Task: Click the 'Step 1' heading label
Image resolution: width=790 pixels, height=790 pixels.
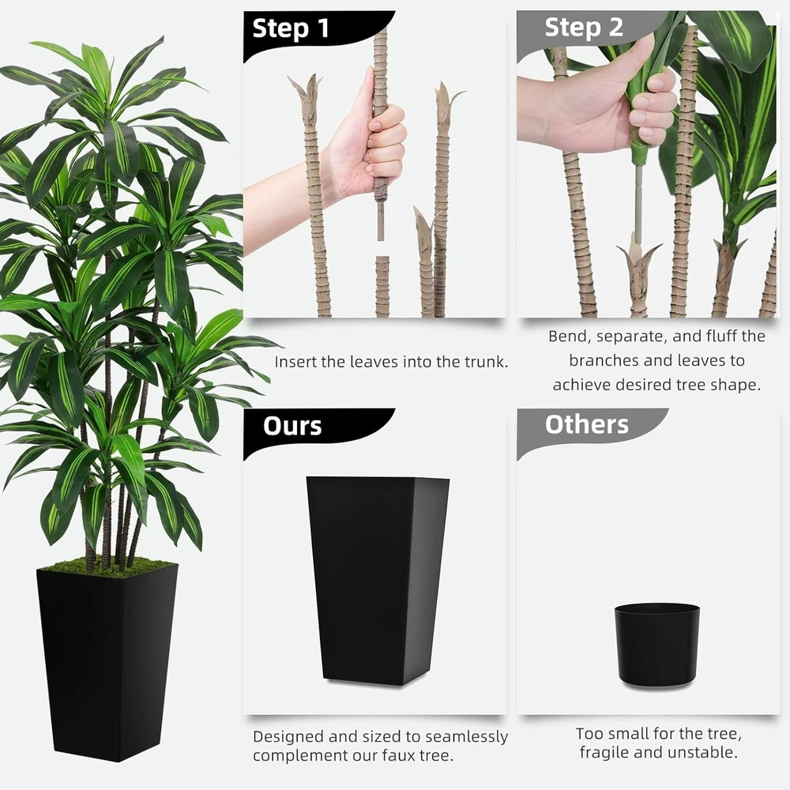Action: [x=291, y=28]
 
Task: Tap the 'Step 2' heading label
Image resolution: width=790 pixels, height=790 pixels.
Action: [x=584, y=27]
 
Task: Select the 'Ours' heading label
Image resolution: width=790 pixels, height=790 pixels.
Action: [x=292, y=427]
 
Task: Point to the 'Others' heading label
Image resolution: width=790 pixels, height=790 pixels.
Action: [x=587, y=425]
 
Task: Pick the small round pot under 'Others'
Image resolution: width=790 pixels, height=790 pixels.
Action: [x=656, y=645]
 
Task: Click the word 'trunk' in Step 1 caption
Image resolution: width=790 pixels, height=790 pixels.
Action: [x=485, y=362]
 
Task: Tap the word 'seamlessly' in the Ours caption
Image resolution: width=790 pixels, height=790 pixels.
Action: [x=467, y=736]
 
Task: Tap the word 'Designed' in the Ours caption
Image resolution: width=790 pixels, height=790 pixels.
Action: [x=288, y=737]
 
